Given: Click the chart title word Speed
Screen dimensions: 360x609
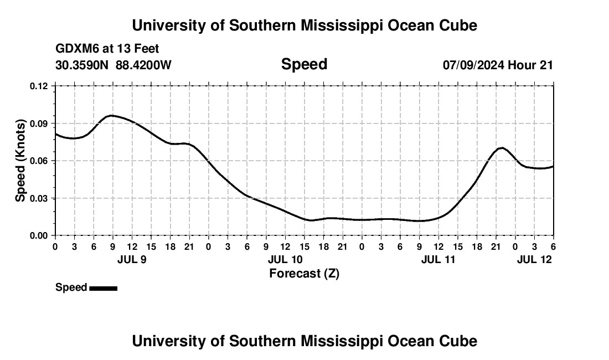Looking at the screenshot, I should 304,64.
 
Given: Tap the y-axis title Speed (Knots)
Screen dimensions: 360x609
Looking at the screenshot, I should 20,161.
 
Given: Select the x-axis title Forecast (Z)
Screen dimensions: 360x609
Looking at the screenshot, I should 304,273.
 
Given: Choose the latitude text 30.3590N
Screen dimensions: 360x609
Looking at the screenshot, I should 82,65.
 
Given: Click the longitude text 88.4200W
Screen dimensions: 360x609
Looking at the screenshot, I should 143,65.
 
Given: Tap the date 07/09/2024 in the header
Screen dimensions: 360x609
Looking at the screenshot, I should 473,65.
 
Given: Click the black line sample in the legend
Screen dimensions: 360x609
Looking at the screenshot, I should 103,288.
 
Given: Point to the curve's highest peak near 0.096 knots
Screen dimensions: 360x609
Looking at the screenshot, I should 111,115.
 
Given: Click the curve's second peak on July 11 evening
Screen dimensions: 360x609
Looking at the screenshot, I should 502,148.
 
